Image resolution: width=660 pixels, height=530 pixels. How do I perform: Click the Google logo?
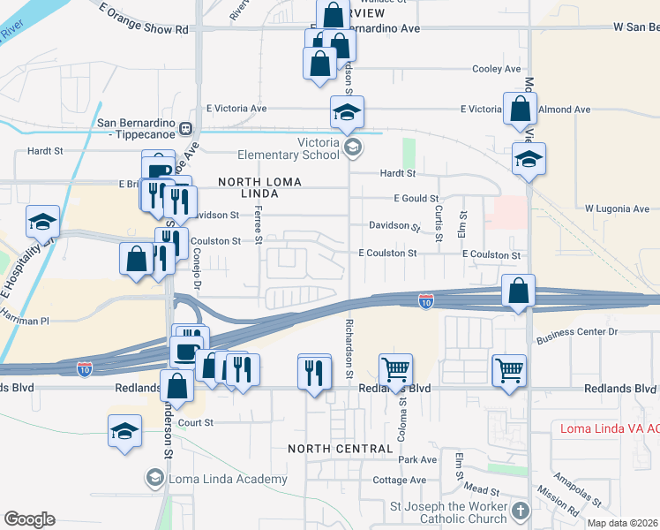pos(29,519)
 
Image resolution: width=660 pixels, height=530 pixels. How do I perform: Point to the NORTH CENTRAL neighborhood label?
pos(340,449)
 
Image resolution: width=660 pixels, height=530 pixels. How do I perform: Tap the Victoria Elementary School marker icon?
pos(352,147)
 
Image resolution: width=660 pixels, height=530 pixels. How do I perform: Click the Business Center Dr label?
pos(578,332)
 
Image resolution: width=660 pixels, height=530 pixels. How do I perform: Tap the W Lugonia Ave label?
pos(617,209)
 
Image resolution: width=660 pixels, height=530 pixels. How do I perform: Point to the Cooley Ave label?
pos(497,69)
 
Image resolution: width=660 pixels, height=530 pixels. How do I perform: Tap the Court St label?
pos(197,423)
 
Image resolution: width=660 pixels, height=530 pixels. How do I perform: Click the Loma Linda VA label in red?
pos(610,429)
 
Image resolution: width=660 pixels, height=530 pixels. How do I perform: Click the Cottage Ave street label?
pos(399,481)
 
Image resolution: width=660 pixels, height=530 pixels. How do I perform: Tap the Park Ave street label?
pos(417,460)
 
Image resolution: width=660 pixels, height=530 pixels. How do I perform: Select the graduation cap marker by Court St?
pos(124,431)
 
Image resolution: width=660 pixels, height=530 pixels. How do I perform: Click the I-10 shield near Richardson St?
pos(425,302)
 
